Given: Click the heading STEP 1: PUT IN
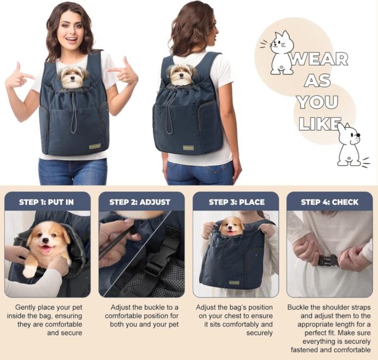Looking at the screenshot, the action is pyautogui.click(x=46, y=202).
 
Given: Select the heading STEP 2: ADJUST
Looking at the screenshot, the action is pyautogui.click(x=140, y=202).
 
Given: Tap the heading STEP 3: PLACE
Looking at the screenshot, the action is pyautogui.click(x=236, y=202).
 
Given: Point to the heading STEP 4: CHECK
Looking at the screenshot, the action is pyautogui.click(x=329, y=202).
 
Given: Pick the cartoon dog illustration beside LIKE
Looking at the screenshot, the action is pyautogui.click(x=351, y=145).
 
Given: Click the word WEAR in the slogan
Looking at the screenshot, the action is pyautogui.click(x=319, y=59).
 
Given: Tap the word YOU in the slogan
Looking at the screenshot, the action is pyautogui.click(x=318, y=102).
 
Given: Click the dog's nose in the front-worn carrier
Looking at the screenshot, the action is pyautogui.click(x=71, y=78).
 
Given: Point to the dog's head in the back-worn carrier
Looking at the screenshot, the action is pyautogui.click(x=181, y=74).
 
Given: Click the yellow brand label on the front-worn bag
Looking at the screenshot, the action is pyautogui.click(x=95, y=146).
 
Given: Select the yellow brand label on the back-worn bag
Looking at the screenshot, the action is pyautogui.click(x=188, y=148).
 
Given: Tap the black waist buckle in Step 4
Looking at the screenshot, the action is pyautogui.click(x=328, y=261).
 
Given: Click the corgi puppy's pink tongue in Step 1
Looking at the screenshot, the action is pyautogui.click(x=46, y=250).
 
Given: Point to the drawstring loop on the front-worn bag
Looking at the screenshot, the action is pyautogui.click(x=74, y=113).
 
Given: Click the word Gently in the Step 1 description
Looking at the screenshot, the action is pyautogui.click(x=25, y=308).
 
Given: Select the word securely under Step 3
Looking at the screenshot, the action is pyautogui.click(x=260, y=334).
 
